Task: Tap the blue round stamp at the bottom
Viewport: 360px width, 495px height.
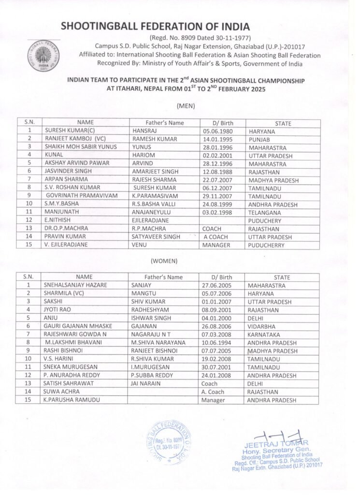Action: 167,442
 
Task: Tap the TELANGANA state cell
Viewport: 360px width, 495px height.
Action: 265,213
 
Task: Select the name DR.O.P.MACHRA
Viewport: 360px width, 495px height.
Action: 66,229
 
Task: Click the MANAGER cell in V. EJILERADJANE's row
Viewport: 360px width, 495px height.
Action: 216,246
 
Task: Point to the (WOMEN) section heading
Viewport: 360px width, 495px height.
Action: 164,261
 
